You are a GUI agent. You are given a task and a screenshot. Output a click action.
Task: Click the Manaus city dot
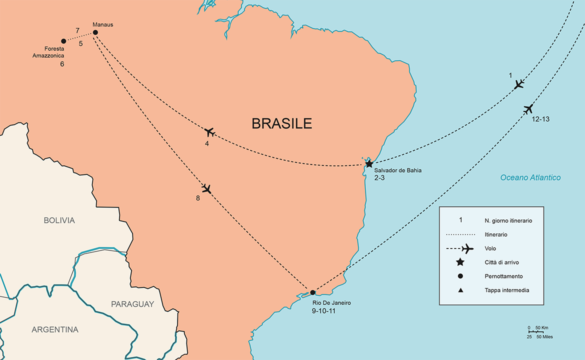95,33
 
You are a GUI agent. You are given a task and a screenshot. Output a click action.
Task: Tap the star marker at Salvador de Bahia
369,164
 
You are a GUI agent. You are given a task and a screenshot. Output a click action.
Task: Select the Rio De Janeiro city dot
312,292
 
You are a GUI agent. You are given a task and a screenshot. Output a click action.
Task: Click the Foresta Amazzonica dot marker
63,41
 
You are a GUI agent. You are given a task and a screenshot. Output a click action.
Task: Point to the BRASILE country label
281,123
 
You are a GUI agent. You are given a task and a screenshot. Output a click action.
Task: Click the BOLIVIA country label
59,220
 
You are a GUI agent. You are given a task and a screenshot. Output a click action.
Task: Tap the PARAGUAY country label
132,304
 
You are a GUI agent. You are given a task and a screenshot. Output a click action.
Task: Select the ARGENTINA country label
55,330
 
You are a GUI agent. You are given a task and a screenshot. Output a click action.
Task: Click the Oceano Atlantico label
530,177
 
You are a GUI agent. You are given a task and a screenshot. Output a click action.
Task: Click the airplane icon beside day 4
209,132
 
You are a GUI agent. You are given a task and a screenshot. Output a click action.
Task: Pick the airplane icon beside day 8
206,189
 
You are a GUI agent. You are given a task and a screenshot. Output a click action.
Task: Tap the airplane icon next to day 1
519,84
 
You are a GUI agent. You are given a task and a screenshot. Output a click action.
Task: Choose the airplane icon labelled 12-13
528,109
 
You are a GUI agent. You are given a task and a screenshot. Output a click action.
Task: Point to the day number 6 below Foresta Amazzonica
62,64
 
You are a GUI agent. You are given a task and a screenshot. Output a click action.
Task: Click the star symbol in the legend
460,262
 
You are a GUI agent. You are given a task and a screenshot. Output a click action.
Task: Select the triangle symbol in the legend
460,290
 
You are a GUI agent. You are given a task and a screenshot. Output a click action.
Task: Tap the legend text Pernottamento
503,276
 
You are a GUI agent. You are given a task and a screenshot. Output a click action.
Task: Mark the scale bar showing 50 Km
536,331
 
